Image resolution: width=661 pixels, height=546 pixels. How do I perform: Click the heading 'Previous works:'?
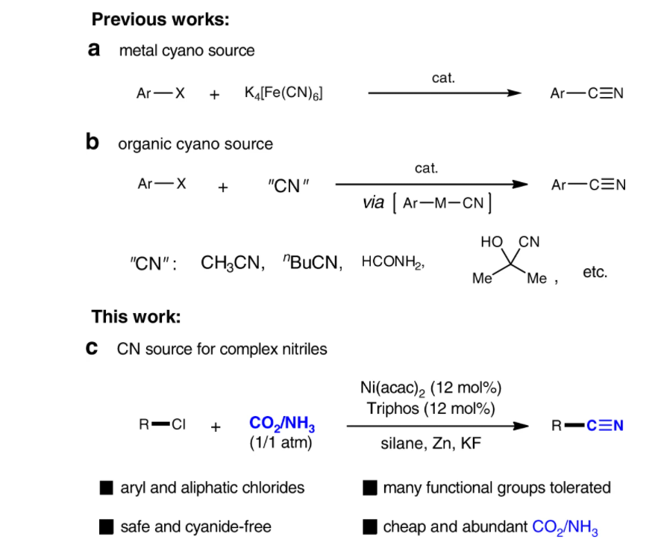click(x=160, y=19)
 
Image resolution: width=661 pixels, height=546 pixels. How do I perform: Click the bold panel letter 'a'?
click(x=94, y=49)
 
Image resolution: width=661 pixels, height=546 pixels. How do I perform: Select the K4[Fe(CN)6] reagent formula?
click(x=283, y=93)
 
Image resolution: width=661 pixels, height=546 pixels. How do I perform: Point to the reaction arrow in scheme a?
click(x=445, y=93)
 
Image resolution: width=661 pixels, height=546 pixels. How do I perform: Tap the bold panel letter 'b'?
click(x=93, y=142)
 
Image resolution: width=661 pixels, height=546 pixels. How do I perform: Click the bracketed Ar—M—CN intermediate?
click(x=442, y=203)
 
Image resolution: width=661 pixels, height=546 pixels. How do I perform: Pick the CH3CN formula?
click(x=233, y=263)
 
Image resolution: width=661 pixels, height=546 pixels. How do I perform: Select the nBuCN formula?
click(x=313, y=262)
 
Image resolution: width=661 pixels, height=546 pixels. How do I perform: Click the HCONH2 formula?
click(x=393, y=262)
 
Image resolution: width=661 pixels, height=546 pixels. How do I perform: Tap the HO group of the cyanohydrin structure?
click(x=492, y=242)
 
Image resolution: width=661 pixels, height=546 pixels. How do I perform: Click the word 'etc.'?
click(x=595, y=272)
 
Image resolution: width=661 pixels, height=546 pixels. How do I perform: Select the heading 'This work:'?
click(x=137, y=317)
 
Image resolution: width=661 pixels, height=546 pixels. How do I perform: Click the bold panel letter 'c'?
click(x=92, y=347)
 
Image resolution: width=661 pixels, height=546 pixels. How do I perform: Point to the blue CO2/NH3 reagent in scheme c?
click(x=282, y=424)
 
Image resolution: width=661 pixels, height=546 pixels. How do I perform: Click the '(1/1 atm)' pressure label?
click(x=281, y=443)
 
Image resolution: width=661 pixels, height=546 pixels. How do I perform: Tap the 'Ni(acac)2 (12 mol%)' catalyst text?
click(x=430, y=388)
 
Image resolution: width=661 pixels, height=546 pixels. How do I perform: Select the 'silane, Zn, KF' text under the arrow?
click(x=430, y=444)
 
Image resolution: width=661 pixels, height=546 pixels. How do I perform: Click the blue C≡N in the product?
click(x=604, y=425)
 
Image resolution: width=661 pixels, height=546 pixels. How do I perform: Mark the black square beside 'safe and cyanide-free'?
click(x=106, y=527)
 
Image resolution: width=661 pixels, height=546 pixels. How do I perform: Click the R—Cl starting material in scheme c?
click(x=163, y=424)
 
